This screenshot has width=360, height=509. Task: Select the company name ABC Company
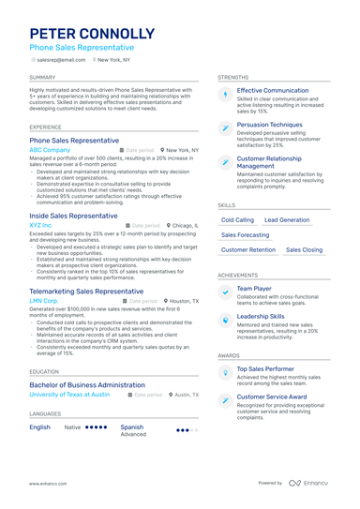pos(50,150)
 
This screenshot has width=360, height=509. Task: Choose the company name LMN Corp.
pos(44,301)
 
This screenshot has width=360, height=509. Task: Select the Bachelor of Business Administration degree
pos(86,385)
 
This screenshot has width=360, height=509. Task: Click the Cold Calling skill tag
pos(237,219)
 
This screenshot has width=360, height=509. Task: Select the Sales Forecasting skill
pos(245,235)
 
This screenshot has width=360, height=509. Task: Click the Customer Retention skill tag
pos(248,250)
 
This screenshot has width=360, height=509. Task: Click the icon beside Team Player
pos(225,292)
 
